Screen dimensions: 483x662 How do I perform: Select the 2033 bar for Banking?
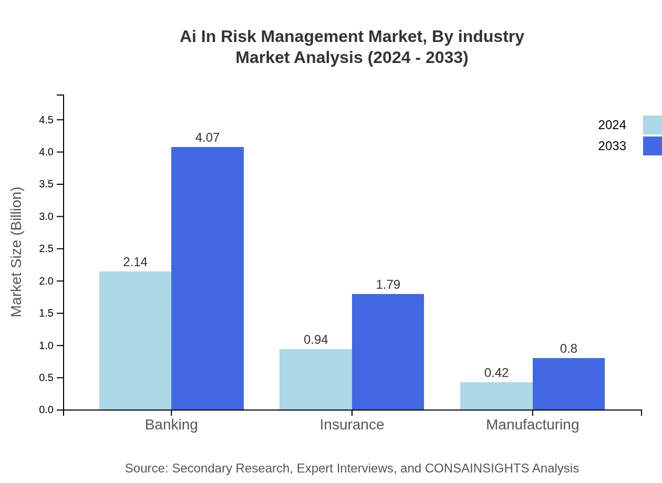[x=208, y=278]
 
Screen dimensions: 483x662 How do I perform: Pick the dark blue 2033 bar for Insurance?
[x=388, y=352]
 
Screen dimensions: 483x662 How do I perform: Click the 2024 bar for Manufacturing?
[x=496, y=396]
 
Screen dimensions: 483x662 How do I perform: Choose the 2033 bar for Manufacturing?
[x=568, y=384]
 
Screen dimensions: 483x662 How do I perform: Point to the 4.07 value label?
[x=208, y=138]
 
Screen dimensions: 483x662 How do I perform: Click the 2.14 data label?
[x=135, y=262]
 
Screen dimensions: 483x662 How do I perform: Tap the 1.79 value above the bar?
[x=388, y=285]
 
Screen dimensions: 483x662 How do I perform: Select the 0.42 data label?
[x=496, y=373]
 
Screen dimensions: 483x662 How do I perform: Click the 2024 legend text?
[x=612, y=125]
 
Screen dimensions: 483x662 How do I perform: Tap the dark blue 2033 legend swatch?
[x=652, y=146]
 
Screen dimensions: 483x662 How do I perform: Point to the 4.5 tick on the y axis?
[x=46, y=120]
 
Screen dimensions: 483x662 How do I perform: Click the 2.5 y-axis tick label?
[x=46, y=249]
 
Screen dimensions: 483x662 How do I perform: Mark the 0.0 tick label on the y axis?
[x=46, y=410]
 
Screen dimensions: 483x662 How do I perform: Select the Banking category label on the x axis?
[x=171, y=424]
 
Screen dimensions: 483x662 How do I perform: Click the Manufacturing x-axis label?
[x=532, y=424]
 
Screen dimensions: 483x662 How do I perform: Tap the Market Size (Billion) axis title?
[x=17, y=252]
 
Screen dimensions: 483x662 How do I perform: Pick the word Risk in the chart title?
[x=232, y=37]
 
